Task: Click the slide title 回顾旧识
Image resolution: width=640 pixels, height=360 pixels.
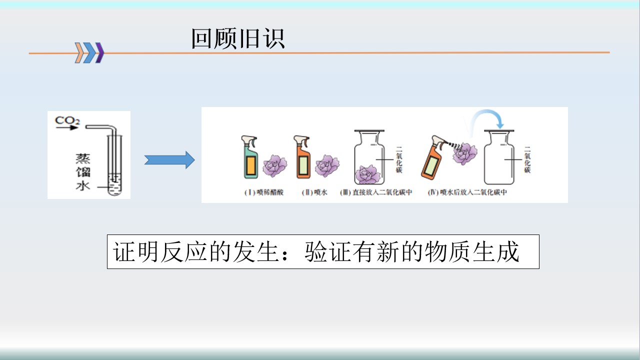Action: [x=238, y=39]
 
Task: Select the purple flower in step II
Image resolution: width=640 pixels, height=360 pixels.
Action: [x=327, y=165]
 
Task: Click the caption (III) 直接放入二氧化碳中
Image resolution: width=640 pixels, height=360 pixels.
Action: [x=376, y=192]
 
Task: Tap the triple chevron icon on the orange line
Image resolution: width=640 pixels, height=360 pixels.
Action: [x=89, y=52]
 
